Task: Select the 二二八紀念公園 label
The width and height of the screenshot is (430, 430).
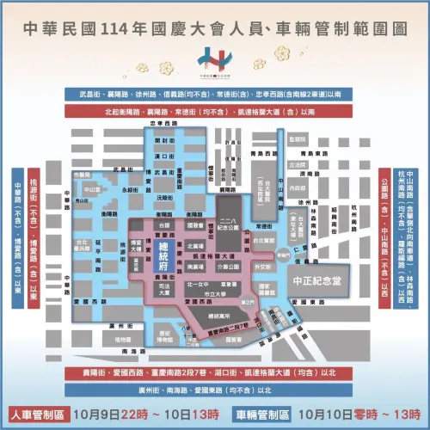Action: [x=230, y=223]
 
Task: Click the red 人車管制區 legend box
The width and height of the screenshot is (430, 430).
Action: [x=35, y=413]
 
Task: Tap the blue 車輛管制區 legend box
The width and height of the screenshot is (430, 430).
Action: [x=261, y=413]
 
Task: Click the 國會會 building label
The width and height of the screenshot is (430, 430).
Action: [x=194, y=224]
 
